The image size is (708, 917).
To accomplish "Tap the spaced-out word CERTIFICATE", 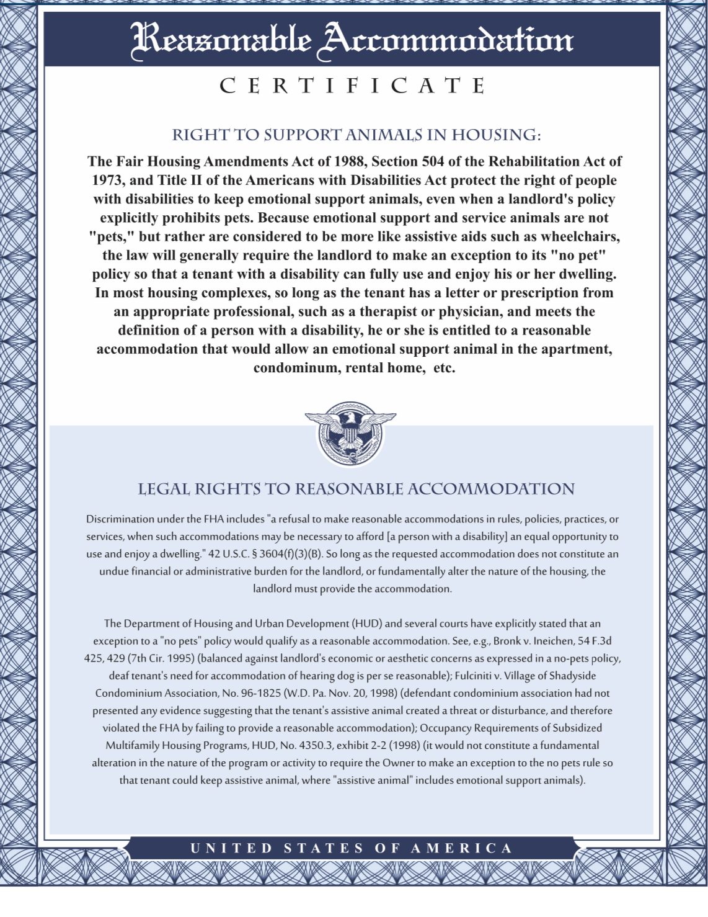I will click(352, 86).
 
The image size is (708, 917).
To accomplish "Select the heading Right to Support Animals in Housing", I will click(356, 135).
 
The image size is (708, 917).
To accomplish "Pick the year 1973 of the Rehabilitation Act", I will click(108, 181).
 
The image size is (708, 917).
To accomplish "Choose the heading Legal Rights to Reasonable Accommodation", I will click(356, 489).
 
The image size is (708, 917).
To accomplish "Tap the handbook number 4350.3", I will click(316, 745).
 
